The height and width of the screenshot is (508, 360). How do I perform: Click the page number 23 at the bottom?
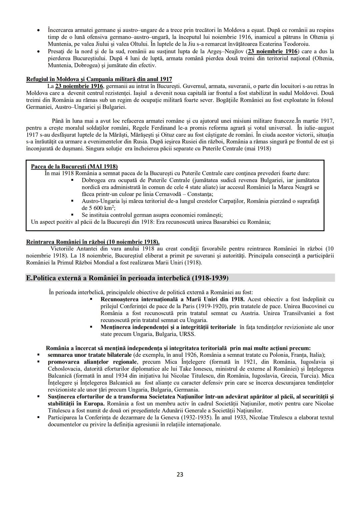click(x=180, y=474)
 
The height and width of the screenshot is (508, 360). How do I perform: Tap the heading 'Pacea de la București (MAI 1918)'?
click(x=74, y=166)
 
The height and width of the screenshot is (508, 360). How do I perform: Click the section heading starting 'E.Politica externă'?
click(x=127, y=278)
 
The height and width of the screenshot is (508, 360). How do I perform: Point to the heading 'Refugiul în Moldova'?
click(x=99, y=79)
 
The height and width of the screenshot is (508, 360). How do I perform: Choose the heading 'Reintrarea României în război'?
click(x=93, y=242)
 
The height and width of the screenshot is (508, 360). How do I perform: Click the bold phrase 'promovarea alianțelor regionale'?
click(x=92, y=362)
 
